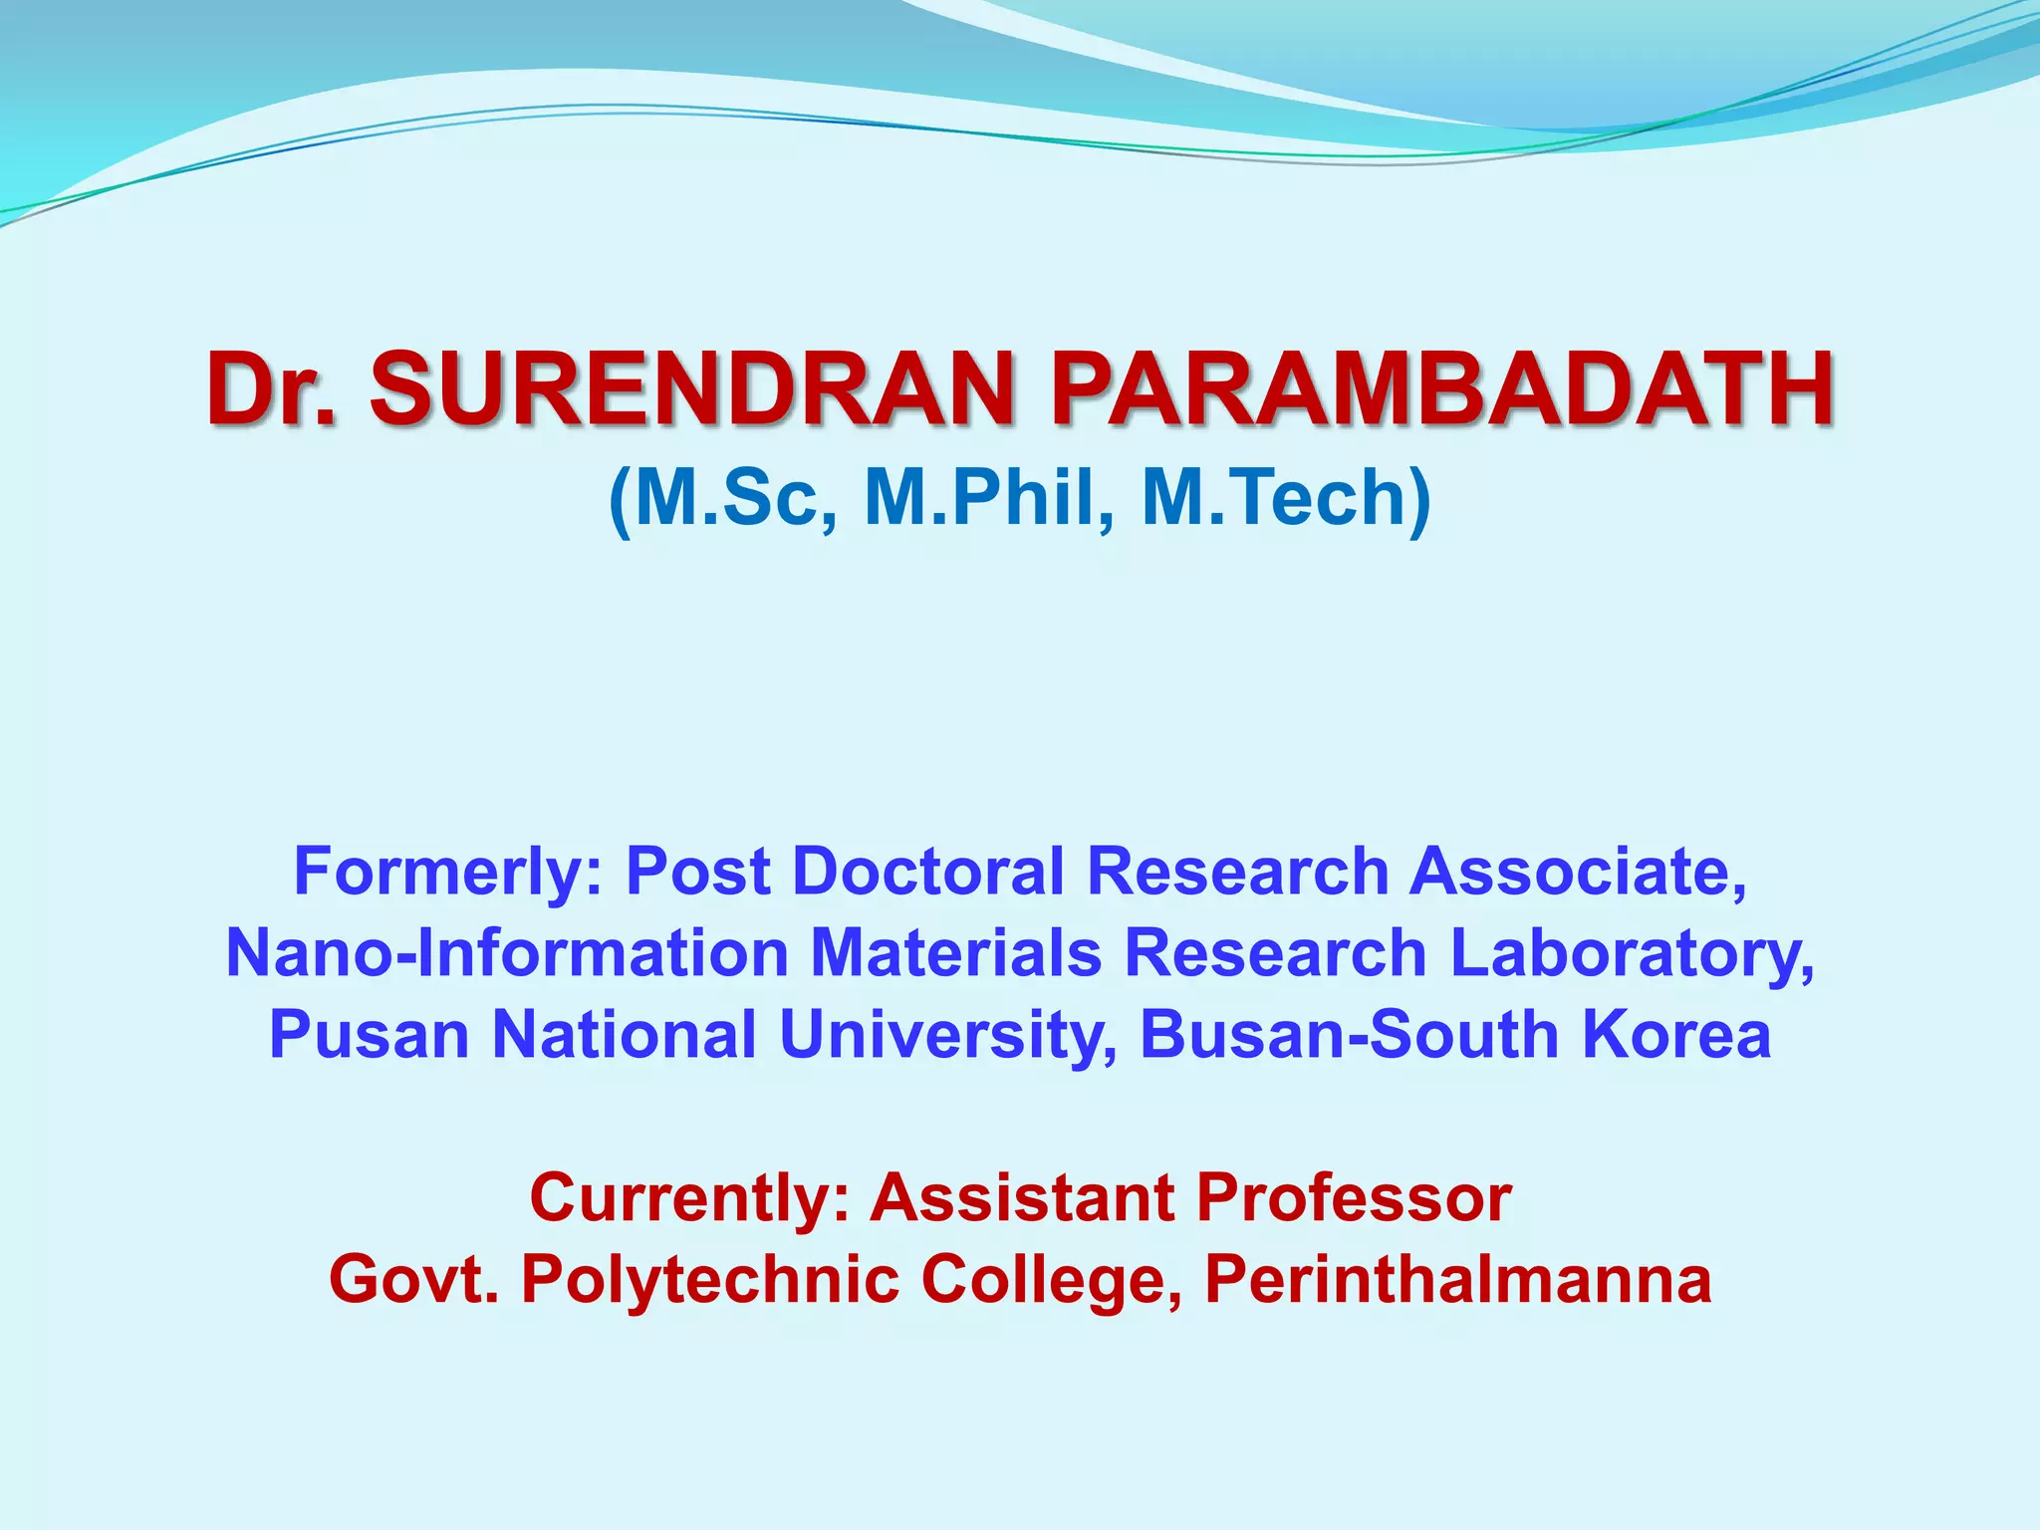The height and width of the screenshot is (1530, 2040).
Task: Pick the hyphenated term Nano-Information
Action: click(508, 953)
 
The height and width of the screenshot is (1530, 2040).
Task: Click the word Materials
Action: click(956, 953)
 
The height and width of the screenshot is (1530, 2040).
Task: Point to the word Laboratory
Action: click(1632, 953)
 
